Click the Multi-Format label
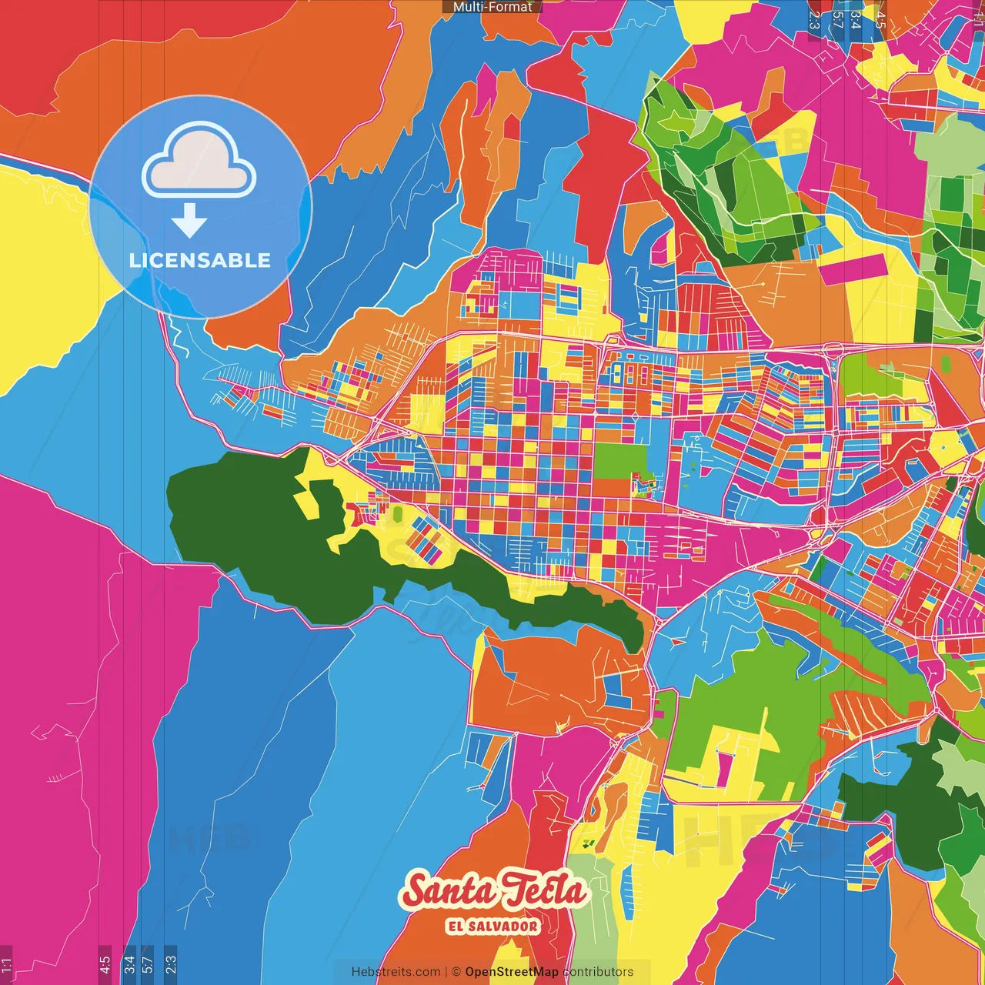pos(492,7)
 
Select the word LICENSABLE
pos(200,260)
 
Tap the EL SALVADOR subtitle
pos(492,926)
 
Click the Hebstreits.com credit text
pos(396,972)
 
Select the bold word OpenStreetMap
pos(512,972)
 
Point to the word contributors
pos(599,972)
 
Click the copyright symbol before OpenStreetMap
pos(456,972)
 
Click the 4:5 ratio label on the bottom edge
pos(105,964)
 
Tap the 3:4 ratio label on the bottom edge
pos(129,964)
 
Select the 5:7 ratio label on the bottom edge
pos(148,964)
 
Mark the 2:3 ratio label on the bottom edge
pos(171,964)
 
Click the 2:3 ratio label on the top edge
pos(814,19)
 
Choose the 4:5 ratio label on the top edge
pos(880,19)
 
